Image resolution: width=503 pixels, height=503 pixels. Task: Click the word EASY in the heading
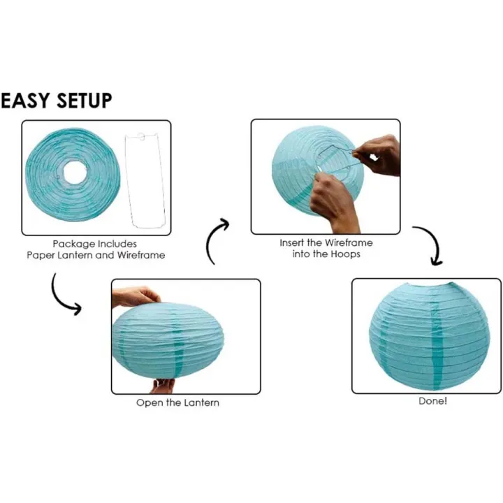tap(26, 101)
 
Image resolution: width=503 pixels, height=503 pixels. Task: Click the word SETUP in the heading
tap(83, 101)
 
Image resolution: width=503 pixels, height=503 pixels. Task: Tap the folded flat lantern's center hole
tap(73, 172)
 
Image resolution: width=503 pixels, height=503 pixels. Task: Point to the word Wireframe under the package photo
tap(142, 255)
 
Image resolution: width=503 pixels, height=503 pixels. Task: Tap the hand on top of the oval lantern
tap(136, 296)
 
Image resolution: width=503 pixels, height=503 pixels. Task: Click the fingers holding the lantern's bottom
tap(162, 385)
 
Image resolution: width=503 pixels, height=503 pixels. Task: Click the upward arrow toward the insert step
tap(217, 241)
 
